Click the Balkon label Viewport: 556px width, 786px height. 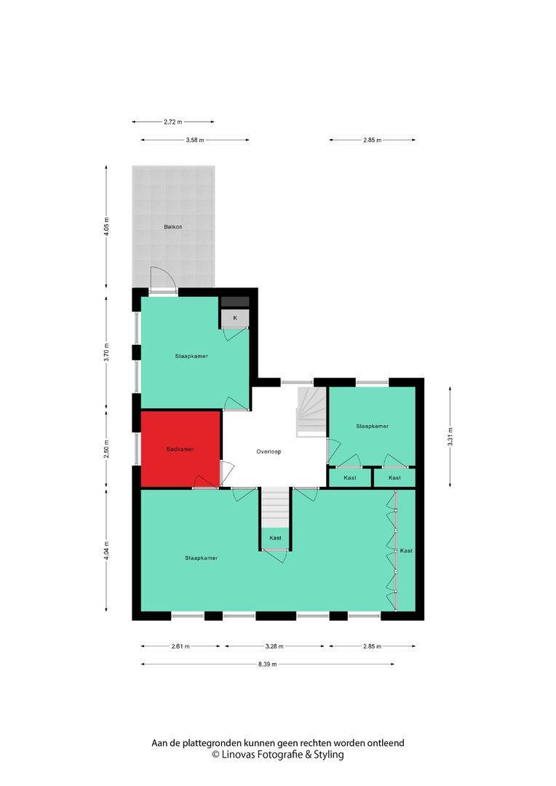[172, 226]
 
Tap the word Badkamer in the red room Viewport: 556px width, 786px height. [180, 449]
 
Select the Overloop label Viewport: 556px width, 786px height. [269, 451]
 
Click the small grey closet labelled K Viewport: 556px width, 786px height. [235, 318]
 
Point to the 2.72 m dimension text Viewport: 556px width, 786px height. [173, 122]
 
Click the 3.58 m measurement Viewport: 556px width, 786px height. [194, 140]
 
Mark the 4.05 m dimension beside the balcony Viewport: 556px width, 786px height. [107, 227]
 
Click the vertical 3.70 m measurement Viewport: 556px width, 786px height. [107, 352]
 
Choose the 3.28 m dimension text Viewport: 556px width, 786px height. [274, 646]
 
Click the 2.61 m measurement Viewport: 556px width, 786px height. [180, 646]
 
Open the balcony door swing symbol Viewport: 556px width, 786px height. [162, 280]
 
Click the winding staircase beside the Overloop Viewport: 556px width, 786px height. [311, 411]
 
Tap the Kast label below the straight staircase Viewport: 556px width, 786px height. [275, 538]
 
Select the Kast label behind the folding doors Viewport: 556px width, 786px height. [406, 551]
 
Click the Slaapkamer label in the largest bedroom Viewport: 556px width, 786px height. [201, 558]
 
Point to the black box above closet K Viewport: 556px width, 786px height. [235, 301]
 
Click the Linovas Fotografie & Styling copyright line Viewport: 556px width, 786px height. [277, 755]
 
